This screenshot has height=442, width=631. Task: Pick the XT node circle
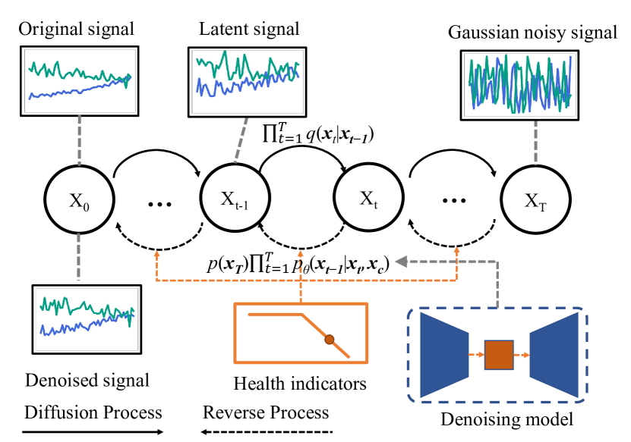coord(535,201)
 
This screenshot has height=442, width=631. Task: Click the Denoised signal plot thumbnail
coord(87,315)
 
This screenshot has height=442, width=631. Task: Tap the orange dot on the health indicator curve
coord(329,340)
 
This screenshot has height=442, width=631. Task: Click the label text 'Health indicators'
coord(300,384)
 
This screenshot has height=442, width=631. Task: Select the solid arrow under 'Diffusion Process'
coord(93,432)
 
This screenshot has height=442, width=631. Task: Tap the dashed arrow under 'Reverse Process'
coord(267,432)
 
